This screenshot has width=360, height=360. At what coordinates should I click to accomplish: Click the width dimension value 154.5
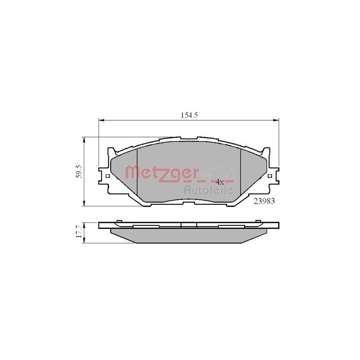click(x=189, y=115)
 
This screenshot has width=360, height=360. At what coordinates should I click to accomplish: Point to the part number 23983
click(x=264, y=202)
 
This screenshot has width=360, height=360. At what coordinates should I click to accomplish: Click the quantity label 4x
click(x=220, y=182)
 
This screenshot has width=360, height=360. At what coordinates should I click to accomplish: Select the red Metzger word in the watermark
click(x=161, y=173)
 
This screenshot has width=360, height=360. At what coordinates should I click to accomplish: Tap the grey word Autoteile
click(x=208, y=190)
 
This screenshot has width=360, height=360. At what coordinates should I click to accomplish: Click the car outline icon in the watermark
click(x=218, y=172)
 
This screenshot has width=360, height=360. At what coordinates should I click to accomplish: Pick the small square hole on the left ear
click(x=107, y=176)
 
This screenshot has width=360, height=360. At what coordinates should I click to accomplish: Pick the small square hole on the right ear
click(x=270, y=176)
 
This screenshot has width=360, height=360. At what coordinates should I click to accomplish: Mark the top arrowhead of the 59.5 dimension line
click(x=84, y=139)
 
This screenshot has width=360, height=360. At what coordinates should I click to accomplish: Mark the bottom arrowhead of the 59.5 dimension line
click(x=84, y=204)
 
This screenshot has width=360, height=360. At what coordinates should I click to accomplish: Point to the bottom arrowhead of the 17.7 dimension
click(x=84, y=242)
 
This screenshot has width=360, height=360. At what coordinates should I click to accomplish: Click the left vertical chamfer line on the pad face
click(x=138, y=173)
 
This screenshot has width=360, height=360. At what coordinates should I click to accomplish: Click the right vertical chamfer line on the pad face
click(x=240, y=173)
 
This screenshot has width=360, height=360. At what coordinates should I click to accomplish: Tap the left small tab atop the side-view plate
click(x=119, y=221)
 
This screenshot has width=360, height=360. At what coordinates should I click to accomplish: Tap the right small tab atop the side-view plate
click(x=258, y=221)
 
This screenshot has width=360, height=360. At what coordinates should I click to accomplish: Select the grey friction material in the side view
click(x=189, y=236)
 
